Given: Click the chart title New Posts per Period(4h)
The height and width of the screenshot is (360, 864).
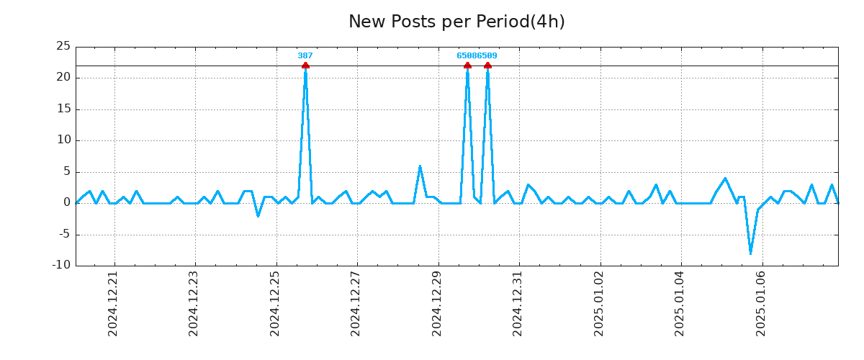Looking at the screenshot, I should click(456, 22).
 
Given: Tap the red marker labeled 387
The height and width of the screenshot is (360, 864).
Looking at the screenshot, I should click(305, 66).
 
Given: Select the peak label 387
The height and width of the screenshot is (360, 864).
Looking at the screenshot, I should click(305, 55).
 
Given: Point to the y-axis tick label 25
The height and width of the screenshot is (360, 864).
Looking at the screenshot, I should click(63, 46).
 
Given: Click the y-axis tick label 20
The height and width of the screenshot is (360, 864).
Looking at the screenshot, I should click(63, 78).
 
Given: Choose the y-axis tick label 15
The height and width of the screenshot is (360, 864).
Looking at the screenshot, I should click(63, 109).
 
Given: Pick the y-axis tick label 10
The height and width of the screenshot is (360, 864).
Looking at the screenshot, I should click(63, 140).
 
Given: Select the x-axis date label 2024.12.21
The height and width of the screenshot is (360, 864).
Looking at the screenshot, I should click(113, 303).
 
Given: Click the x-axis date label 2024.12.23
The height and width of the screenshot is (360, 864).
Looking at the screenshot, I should click(194, 303).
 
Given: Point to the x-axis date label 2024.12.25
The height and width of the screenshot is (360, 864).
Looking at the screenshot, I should click(275, 303).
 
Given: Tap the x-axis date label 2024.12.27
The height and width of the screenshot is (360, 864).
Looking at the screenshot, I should click(356, 303).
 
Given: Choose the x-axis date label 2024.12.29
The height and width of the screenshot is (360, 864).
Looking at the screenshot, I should click(437, 303).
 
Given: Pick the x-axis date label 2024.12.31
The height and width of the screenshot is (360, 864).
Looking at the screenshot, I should click(518, 303).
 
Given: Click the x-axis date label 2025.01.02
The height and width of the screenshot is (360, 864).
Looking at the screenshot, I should click(599, 303).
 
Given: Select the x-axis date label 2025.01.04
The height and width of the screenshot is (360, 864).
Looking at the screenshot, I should click(680, 303).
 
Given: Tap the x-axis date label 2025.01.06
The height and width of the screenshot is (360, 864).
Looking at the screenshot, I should click(761, 303).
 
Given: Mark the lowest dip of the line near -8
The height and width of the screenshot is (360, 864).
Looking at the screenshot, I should click(750, 253).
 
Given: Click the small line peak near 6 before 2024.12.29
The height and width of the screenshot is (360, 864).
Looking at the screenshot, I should click(420, 166).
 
